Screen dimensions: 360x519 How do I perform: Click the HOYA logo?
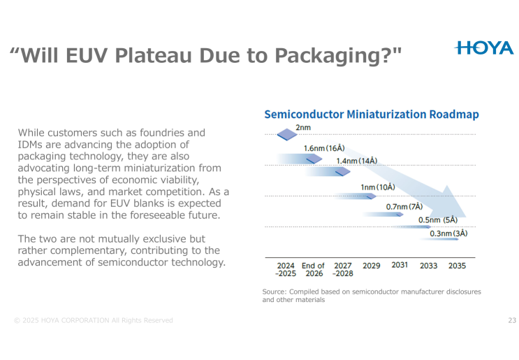point(483,48)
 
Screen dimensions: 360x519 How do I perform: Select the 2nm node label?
point(303,128)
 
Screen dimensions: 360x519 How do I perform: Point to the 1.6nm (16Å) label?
point(323,148)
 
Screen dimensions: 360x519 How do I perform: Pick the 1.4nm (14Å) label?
point(356,161)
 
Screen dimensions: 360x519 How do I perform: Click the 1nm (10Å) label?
point(377,187)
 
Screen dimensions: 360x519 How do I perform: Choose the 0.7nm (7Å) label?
point(404,207)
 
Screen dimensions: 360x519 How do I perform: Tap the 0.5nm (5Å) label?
point(437,220)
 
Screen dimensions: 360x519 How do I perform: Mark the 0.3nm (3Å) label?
point(448,233)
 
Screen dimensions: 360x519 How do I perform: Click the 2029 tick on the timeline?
point(372,266)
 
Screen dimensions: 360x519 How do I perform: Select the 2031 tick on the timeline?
point(400,266)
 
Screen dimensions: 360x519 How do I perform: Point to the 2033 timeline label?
point(428,266)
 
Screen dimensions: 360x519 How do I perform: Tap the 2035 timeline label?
point(457,266)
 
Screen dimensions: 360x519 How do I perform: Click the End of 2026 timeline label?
point(313,271)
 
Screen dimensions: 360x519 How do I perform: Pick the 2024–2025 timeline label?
point(285,271)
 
